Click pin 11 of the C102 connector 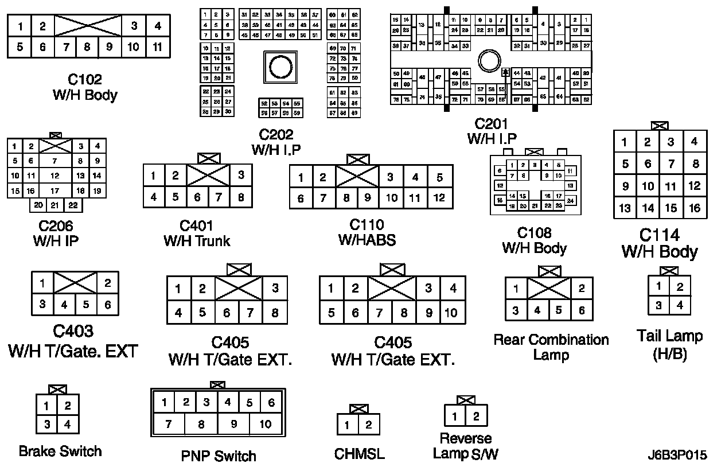point(157,47)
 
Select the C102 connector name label point(84,79)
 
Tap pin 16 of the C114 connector point(695,208)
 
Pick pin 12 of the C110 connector point(439,198)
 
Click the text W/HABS point(367,240)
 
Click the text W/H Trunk point(197,241)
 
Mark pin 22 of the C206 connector point(72,205)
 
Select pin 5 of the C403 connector point(86,305)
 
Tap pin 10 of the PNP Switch point(265,425)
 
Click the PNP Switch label point(219,456)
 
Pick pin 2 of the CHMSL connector point(369,425)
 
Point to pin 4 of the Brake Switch point(68,425)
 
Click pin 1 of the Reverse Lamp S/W point(455,416)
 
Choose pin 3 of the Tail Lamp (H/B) point(658,305)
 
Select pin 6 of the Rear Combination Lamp point(582,310)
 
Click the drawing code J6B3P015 point(677,456)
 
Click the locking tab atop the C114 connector point(660,125)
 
